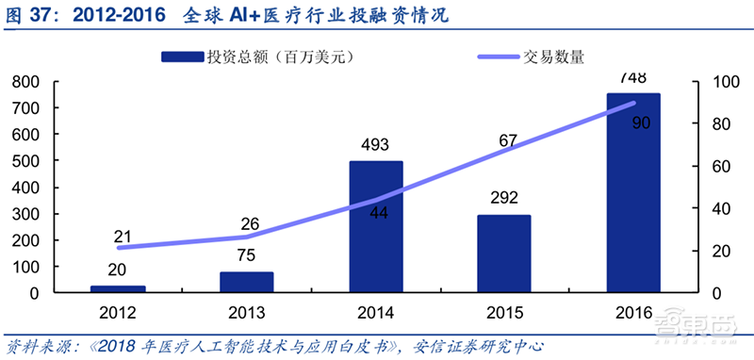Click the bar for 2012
click(118, 288)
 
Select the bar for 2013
click(247, 282)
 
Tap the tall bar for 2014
click(375, 226)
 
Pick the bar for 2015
click(503, 254)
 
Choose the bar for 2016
click(632, 192)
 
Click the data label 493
click(375, 146)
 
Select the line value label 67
click(508, 141)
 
